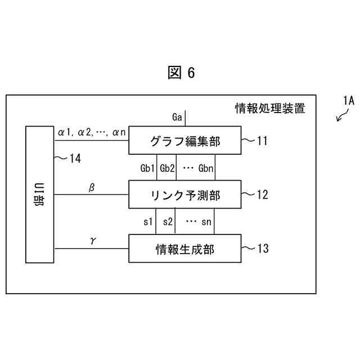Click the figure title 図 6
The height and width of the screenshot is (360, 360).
pyautogui.click(x=181, y=73)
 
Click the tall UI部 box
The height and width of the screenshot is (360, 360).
pyautogui.click(x=39, y=194)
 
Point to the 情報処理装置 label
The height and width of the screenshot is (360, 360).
pyautogui.click(x=270, y=109)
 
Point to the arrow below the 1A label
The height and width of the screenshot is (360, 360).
pyautogui.click(x=340, y=116)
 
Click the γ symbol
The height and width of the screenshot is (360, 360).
pyautogui.click(x=92, y=240)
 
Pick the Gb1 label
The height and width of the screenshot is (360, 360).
pyautogui.click(x=148, y=168)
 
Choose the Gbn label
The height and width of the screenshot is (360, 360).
pyautogui.click(x=206, y=168)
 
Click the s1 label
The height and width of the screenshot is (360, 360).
pyautogui.click(x=148, y=222)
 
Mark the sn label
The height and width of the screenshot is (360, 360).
pyautogui.click(x=206, y=222)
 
